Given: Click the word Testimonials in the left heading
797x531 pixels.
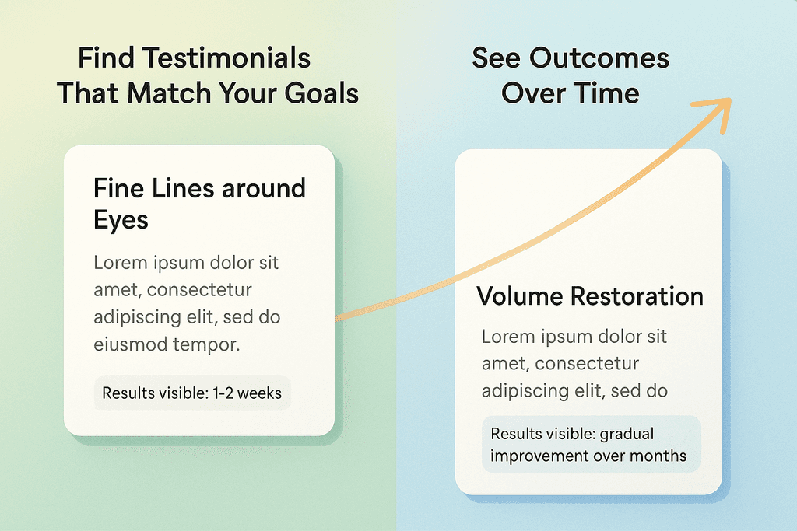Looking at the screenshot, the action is (x=226, y=58).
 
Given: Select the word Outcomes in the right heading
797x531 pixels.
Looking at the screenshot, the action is (x=599, y=58).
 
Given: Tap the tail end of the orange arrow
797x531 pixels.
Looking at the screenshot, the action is (x=336, y=318).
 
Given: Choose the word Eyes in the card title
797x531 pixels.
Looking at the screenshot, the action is (x=121, y=220).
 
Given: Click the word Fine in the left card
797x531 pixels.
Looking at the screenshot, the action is (x=112, y=188).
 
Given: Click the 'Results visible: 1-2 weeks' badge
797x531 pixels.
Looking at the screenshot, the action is (x=192, y=393).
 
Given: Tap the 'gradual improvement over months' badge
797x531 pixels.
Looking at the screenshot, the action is (x=592, y=444).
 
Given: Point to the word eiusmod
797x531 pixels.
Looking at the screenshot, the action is (x=130, y=344).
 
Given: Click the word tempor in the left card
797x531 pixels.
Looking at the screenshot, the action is (x=205, y=345).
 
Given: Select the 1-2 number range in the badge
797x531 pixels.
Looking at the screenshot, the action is (x=223, y=393).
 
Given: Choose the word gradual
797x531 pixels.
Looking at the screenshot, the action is (x=627, y=435).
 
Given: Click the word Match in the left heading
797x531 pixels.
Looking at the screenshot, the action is (x=169, y=93).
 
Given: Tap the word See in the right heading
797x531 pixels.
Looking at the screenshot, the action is (x=496, y=58).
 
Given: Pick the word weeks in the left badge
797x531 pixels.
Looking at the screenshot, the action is (x=259, y=393).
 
